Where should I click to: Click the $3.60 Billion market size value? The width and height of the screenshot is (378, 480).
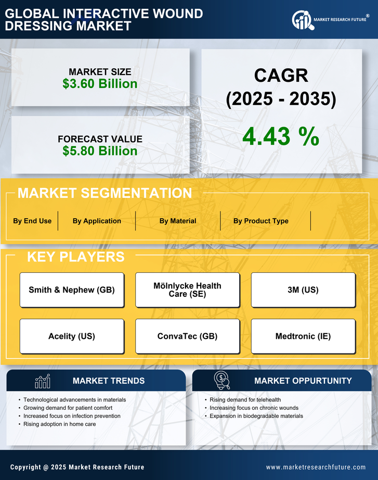click(x=100, y=84)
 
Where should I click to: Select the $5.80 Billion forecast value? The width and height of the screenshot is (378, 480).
click(x=100, y=151)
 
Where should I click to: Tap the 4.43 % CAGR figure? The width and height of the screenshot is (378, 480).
click(x=281, y=136)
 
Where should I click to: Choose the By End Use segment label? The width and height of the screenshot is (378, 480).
click(x=32, y=221)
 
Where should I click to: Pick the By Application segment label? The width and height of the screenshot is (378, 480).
click(x=97, y=221)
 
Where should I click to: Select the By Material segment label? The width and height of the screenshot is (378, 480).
click(x=178, y=221)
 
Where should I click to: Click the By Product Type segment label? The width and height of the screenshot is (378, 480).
click(x=260, y=221)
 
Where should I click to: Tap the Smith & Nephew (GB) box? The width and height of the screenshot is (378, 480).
click(x=72, y=290)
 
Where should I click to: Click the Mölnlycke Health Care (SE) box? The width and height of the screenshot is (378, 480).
click(x=188, y=290)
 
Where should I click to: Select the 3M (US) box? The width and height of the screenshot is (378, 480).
click(x=303, y=290)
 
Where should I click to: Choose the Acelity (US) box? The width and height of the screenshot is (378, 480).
click(x=72, y=336)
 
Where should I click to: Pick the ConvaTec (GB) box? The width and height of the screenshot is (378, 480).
click(x=188, y=336)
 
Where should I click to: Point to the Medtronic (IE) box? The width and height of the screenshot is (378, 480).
click(x=303, y=336)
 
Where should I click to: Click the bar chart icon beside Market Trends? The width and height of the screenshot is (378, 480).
click(x=43, y=381)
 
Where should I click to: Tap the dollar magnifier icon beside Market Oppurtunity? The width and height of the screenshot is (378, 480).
click(x=222, y=381)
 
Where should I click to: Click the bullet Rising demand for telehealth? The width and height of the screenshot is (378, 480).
click(x=245, y=400)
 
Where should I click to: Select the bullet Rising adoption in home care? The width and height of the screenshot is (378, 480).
click(x=59, y=424)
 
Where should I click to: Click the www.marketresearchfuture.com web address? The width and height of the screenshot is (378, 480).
click(x=316, y=467)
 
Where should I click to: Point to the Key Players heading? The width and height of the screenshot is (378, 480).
click(x=75, y=257)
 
